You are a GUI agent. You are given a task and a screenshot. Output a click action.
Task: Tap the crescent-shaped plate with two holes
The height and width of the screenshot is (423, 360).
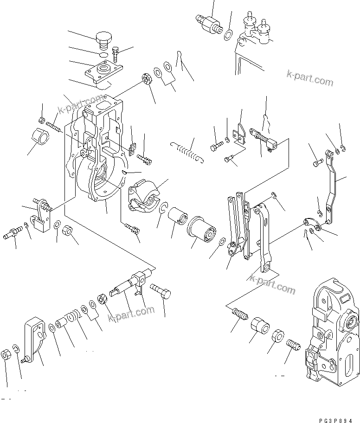tap(311, 224)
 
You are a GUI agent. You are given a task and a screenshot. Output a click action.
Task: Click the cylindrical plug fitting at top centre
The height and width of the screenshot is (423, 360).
tap(208, 23)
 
